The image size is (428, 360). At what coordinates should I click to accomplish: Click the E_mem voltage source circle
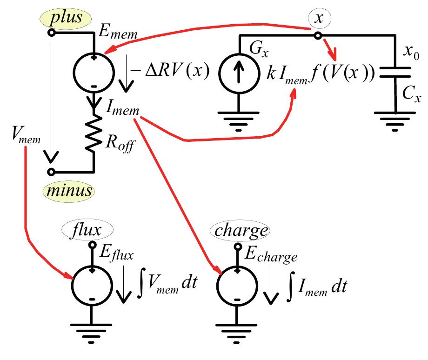point(94,72)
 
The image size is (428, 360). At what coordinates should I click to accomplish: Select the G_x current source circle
point(238,73)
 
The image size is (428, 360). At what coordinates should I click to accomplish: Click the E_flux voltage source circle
point(92,284)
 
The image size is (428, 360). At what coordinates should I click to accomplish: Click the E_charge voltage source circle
point(238,284)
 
